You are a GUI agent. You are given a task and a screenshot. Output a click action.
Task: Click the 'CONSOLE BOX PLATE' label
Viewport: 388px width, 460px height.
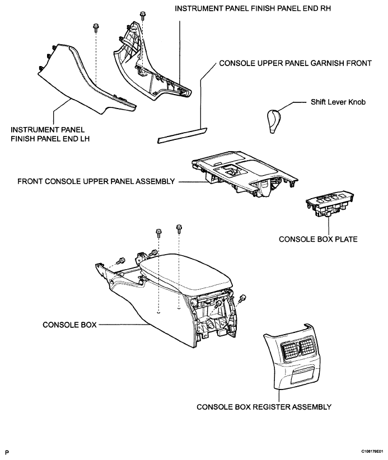(x=318, y=239)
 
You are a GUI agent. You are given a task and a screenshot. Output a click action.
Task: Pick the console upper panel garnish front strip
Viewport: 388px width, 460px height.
(x=181, y=136)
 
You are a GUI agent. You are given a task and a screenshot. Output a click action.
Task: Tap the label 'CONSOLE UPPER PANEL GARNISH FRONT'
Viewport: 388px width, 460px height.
(x=295, y=64)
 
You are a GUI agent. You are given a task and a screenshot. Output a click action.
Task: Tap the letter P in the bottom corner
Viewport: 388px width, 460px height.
(x=7, y=450)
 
